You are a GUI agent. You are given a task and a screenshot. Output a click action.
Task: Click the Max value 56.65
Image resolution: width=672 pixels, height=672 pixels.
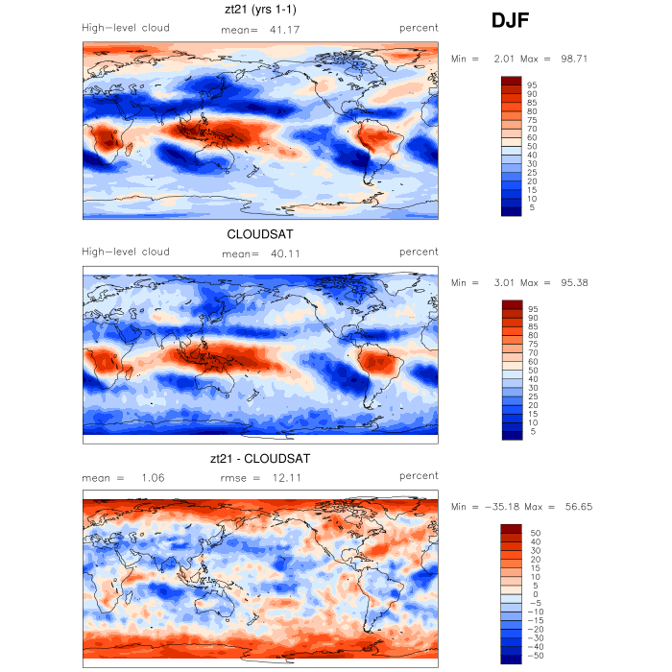(576, 507)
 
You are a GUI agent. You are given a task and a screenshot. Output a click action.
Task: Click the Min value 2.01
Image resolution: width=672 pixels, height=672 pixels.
(505, 59)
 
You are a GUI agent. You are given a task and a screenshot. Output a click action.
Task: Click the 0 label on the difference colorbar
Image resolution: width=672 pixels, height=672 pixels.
(533, 594)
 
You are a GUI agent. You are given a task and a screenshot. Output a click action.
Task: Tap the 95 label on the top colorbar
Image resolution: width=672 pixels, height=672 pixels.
(532, 84)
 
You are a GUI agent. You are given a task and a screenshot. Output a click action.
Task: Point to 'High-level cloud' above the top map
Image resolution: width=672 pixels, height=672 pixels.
(126, 29)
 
